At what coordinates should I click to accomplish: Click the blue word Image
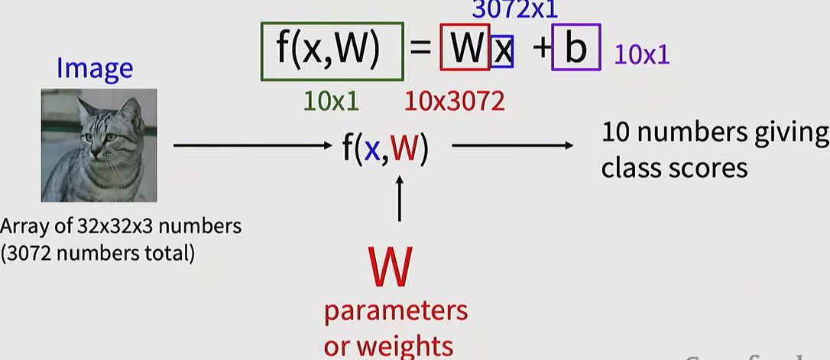(x=95, y=69)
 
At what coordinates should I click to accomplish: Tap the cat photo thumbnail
(x=99, y=145)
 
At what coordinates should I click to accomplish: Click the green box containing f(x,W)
(x=332, y=50)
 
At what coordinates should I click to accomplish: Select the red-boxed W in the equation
(x=465, y=49)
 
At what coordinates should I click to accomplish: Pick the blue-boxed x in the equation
(x=501, y=51)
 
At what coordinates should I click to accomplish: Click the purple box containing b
(x=575, y=49)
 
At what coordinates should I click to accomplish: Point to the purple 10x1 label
(x=641, y=54)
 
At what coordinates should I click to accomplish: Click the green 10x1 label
(x=331, y=100)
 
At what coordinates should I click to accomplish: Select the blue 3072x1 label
(x=515, y=10)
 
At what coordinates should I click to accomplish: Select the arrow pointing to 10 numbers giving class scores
(x=512, y=144)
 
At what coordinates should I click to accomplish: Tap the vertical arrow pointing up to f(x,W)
(x=399, y=198)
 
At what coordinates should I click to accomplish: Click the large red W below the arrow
(x=390, y=264)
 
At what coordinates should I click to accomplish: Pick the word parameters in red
(x=395, y=312)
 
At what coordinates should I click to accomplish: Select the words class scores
(x=674, y=167)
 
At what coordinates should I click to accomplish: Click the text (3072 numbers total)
(x=97, y=252)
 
